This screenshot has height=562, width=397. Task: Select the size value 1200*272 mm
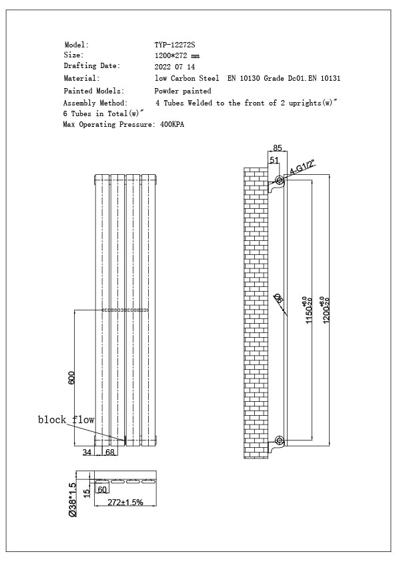coord(177,56)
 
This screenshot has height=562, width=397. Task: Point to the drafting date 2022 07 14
coord(175,67)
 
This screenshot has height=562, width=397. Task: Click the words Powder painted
coord(183,91)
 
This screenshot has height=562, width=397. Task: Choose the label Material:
coord(81,79)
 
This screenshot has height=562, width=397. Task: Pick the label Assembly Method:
coord(95,103)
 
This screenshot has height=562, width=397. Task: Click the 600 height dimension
coord(71,378)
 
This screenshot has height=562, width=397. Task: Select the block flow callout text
coord(66,420)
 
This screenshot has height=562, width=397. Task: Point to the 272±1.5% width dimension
coord(125,502)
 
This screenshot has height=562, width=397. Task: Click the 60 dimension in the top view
coord(102,490)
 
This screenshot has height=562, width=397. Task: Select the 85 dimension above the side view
coord(278,148)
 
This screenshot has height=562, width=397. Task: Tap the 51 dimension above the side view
coord(274,160)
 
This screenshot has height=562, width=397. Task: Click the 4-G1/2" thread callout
coord(301,167)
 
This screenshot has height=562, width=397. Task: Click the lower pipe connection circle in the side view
coord(280,441)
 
